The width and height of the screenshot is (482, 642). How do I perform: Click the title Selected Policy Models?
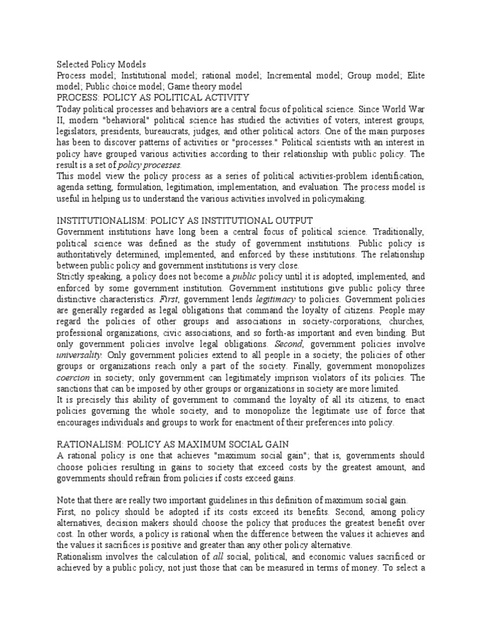(x=101, y=65)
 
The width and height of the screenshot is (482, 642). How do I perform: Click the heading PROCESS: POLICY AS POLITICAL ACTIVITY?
(x=153, y=97)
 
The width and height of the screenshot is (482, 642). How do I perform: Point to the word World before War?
(x=390, y=108)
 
